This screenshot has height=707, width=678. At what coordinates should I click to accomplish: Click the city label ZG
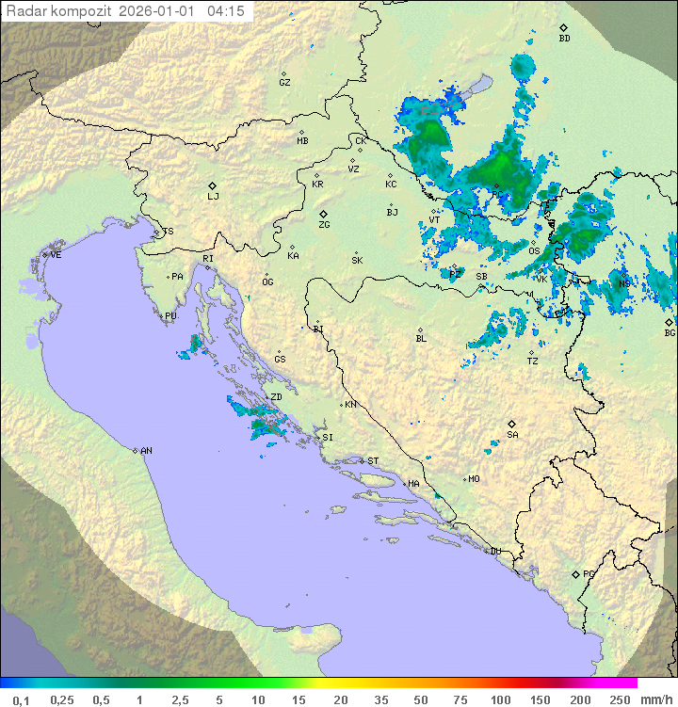pos(324,225)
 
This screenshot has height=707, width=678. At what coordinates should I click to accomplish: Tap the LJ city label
pos(213,196)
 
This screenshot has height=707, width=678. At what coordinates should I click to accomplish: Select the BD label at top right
pos(564,39)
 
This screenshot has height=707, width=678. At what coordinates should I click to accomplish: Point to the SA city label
pos(512,434)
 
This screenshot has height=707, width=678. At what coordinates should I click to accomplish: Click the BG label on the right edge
pos(670,332)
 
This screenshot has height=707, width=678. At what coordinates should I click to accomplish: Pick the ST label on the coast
pos(373,461)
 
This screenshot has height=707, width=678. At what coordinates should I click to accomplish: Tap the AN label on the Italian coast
pos(146,451)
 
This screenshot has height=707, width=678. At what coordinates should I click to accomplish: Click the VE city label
pos(56,255)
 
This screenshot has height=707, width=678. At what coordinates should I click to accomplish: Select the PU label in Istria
pos(170,316)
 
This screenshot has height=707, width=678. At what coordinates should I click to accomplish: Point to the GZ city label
pos(284,83)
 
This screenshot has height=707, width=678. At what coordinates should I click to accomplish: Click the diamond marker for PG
pos(576,573)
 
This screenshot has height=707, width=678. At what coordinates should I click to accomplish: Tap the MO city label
pos(474,479)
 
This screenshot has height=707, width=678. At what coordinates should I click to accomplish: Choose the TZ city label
pos(532,362)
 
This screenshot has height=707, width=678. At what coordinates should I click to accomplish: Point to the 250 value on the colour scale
pos(619,699)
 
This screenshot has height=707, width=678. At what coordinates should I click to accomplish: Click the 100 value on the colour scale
pos(500,699)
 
